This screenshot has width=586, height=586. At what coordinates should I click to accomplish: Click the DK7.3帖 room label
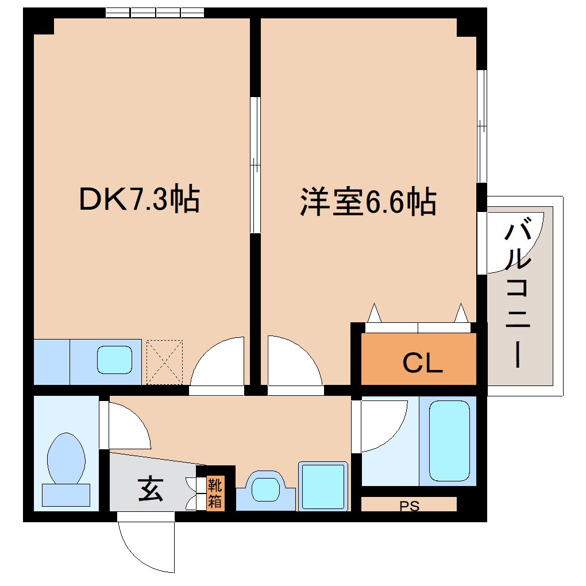click(x=138, y=199)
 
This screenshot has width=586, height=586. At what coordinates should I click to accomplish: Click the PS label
click(x=409, y=506)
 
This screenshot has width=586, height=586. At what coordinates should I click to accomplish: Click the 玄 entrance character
click(x=150, y=489)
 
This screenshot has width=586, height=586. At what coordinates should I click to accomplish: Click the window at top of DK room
click(x=155, y=12)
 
